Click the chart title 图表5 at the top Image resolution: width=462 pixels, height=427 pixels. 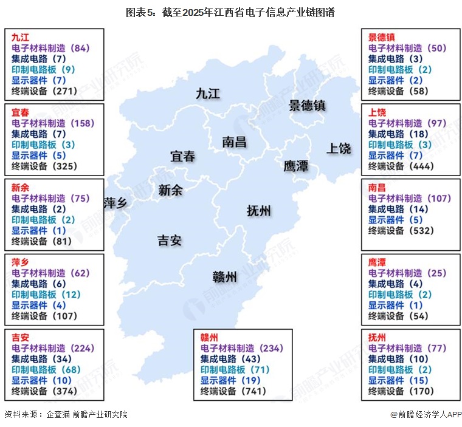point(230,12)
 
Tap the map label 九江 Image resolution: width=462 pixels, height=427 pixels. point(207,93)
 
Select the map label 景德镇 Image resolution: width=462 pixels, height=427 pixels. point(307,105)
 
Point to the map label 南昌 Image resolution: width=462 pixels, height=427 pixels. point(234,142)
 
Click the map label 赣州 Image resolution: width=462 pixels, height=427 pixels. point(224,277)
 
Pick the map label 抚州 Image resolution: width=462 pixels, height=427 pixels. point(259,211)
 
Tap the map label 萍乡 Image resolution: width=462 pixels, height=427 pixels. point(115,203)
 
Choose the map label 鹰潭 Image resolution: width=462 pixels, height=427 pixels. point(295,166)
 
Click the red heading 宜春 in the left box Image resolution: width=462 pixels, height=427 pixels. point(20,113)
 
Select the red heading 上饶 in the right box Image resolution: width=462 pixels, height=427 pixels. point(377,113)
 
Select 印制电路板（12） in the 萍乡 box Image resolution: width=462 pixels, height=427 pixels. point(45,295)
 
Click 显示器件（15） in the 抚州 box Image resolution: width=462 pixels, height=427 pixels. point(402,381)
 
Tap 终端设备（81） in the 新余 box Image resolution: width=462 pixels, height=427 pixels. point(41,241)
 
